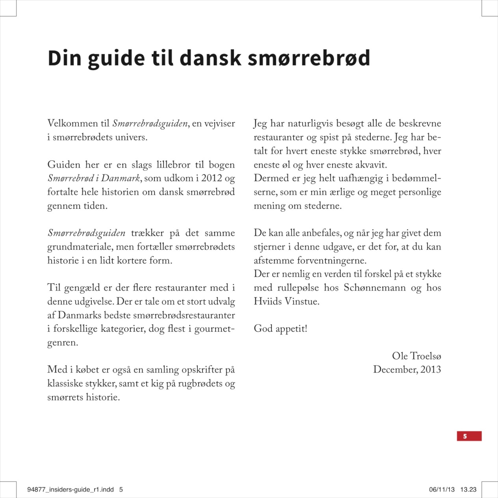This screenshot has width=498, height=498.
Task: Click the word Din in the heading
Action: tap(65, 58)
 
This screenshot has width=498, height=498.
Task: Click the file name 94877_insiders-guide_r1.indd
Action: tap(70, 489)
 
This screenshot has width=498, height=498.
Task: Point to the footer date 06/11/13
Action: tap(442, 489)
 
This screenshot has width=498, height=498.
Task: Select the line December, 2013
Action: tap(407, 370)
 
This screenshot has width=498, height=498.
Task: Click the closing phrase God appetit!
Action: tap(280, 329)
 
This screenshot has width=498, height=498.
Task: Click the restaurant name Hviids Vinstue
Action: tap(286, 301)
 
